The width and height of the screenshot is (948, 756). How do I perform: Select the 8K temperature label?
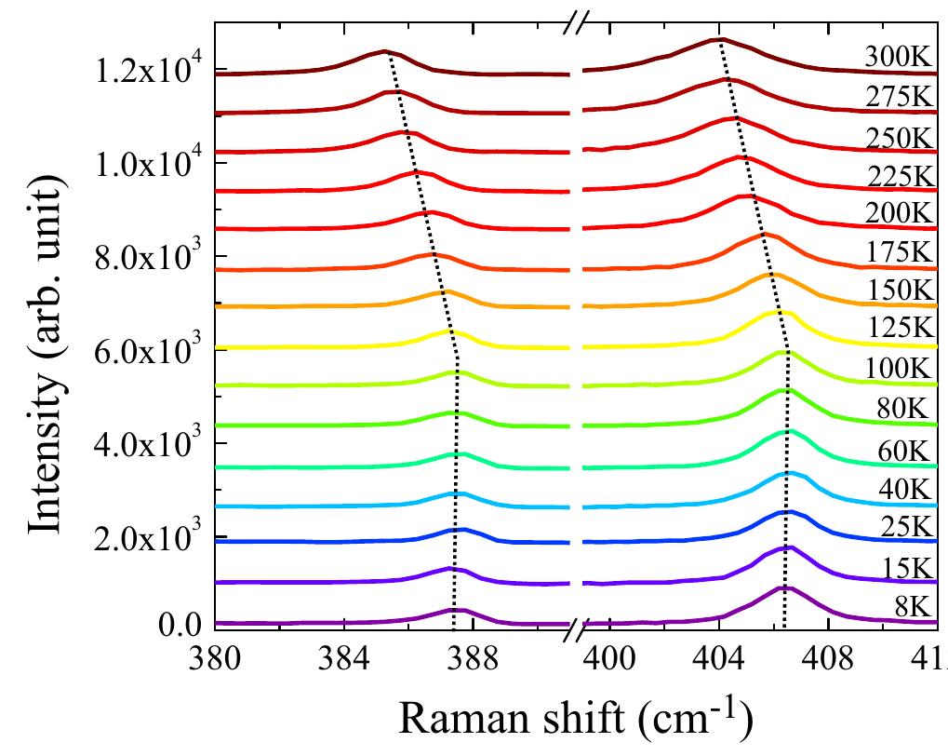coord(906,607)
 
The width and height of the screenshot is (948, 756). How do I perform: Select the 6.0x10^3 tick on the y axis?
coord(148,350)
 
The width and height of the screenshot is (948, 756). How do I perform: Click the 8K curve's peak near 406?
coord(783,587)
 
